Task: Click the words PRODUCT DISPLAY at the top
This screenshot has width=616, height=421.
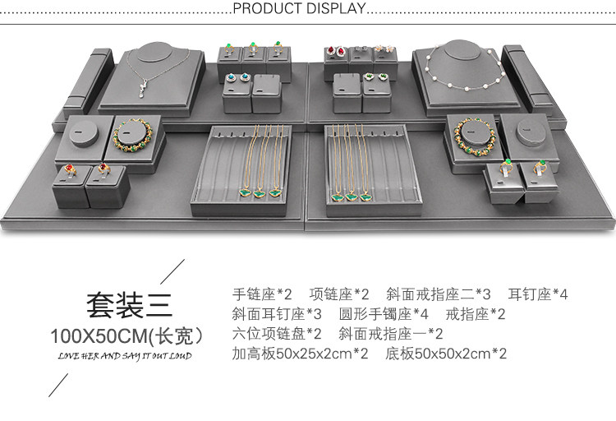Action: pos(299,9)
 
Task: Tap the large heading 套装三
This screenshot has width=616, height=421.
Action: pos(130,306)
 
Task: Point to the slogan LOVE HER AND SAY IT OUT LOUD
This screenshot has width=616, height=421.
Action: pos(125,356)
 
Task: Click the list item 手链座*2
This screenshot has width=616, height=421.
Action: pos(262,294)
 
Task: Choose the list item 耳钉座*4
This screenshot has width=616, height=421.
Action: pos(538,294)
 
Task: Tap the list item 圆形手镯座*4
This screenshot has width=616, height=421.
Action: pos(384,313)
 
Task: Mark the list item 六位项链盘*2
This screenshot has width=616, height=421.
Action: pos(277,334)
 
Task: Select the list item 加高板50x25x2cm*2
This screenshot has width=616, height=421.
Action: pos(301,354)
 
